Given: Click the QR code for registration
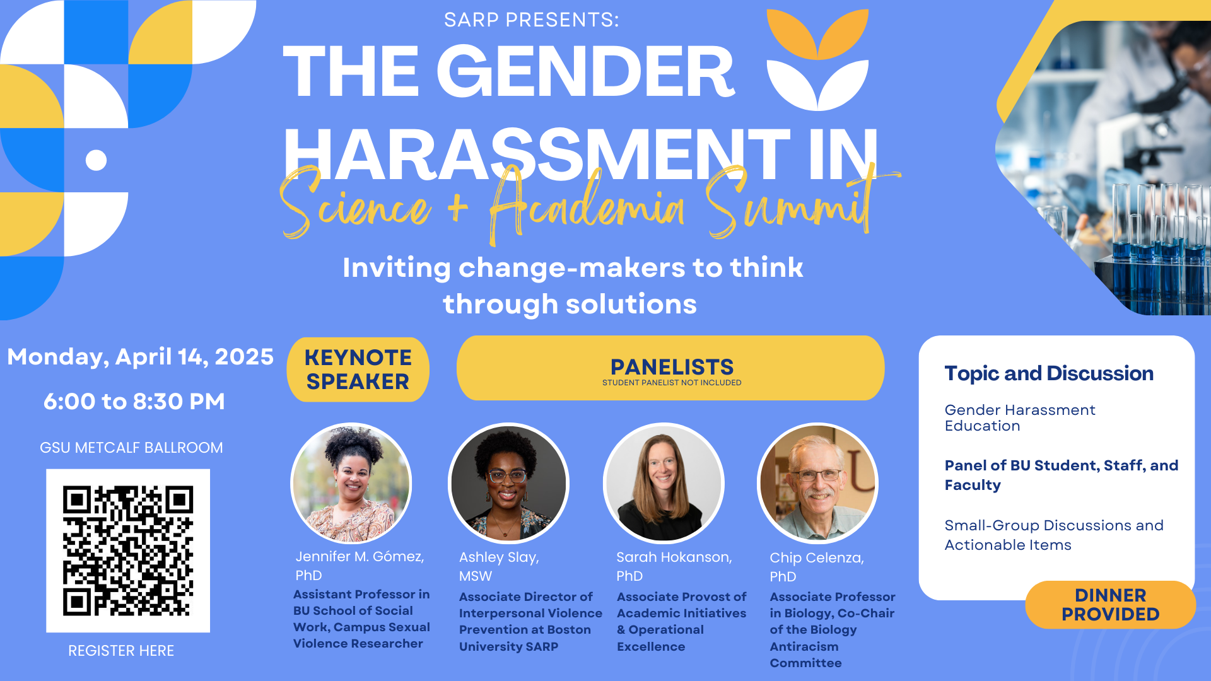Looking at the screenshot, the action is coord(128,550).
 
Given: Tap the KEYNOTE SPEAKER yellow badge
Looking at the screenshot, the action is coord(358,370).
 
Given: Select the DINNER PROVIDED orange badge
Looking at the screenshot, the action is coord(1110,605).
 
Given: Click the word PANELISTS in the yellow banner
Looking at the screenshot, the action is coord(672,366).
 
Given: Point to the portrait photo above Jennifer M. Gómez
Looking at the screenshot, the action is coord(351,483).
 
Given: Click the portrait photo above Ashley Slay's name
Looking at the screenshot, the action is coord(508,483).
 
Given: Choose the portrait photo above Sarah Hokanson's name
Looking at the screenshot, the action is coord(664,483).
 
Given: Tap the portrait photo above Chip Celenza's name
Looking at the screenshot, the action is coord(817,483).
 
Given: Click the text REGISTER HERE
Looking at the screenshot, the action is coord(121,651).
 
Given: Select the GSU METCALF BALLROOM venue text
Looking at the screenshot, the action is coord(131,448).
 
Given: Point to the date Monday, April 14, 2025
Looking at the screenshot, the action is coord(140,357).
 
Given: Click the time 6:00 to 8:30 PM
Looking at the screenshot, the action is coord(134,401).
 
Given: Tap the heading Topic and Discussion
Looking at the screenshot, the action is coord(1049,373).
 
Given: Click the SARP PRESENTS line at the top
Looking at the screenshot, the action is coord(532,20).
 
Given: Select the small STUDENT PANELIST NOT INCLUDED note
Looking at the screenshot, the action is coord(672,383).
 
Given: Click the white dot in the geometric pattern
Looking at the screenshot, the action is coord(96,160).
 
